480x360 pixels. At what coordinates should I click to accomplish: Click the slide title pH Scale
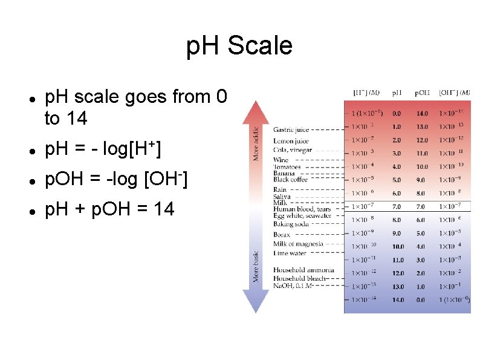[239, 46]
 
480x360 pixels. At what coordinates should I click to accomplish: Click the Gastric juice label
[291, 129]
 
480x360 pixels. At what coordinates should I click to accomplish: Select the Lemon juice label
[291, 142]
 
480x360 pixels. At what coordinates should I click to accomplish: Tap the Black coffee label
[290, 180]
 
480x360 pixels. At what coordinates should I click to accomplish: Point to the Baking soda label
[291, 224]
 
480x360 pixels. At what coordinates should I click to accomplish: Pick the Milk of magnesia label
[299, 244]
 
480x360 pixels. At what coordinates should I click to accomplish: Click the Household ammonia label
[303, 270]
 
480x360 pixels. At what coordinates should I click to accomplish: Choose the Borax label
[282, 234]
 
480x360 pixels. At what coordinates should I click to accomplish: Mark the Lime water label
[289, 253]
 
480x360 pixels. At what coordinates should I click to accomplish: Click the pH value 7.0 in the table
[397, 206]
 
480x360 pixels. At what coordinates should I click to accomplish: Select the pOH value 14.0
[422, 113]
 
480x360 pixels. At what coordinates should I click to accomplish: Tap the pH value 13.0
[397, 286]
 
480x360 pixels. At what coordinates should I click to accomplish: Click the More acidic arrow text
[256, 143]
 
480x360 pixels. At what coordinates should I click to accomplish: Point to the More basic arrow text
[256, 266]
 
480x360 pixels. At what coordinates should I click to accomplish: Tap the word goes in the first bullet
[148, 97]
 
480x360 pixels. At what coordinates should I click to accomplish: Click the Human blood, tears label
[302, 209]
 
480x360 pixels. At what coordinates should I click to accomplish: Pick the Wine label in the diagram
[281, 160]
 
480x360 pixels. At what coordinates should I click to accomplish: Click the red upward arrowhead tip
[256, 99]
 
